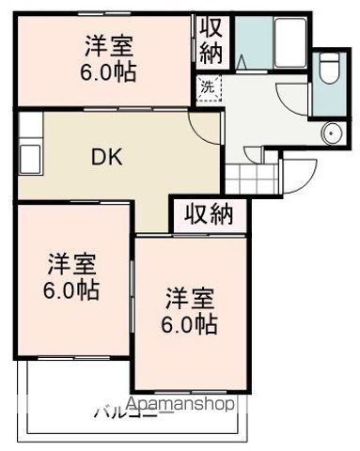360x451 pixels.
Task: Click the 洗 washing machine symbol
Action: (207, 86)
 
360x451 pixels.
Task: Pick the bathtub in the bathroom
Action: (282, 42)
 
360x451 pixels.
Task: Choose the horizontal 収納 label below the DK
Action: (208, 214)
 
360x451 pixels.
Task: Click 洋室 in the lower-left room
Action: (70, 263)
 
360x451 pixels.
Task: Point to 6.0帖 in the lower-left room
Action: (70, 289)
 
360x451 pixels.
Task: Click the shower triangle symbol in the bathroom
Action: (243, 61)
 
